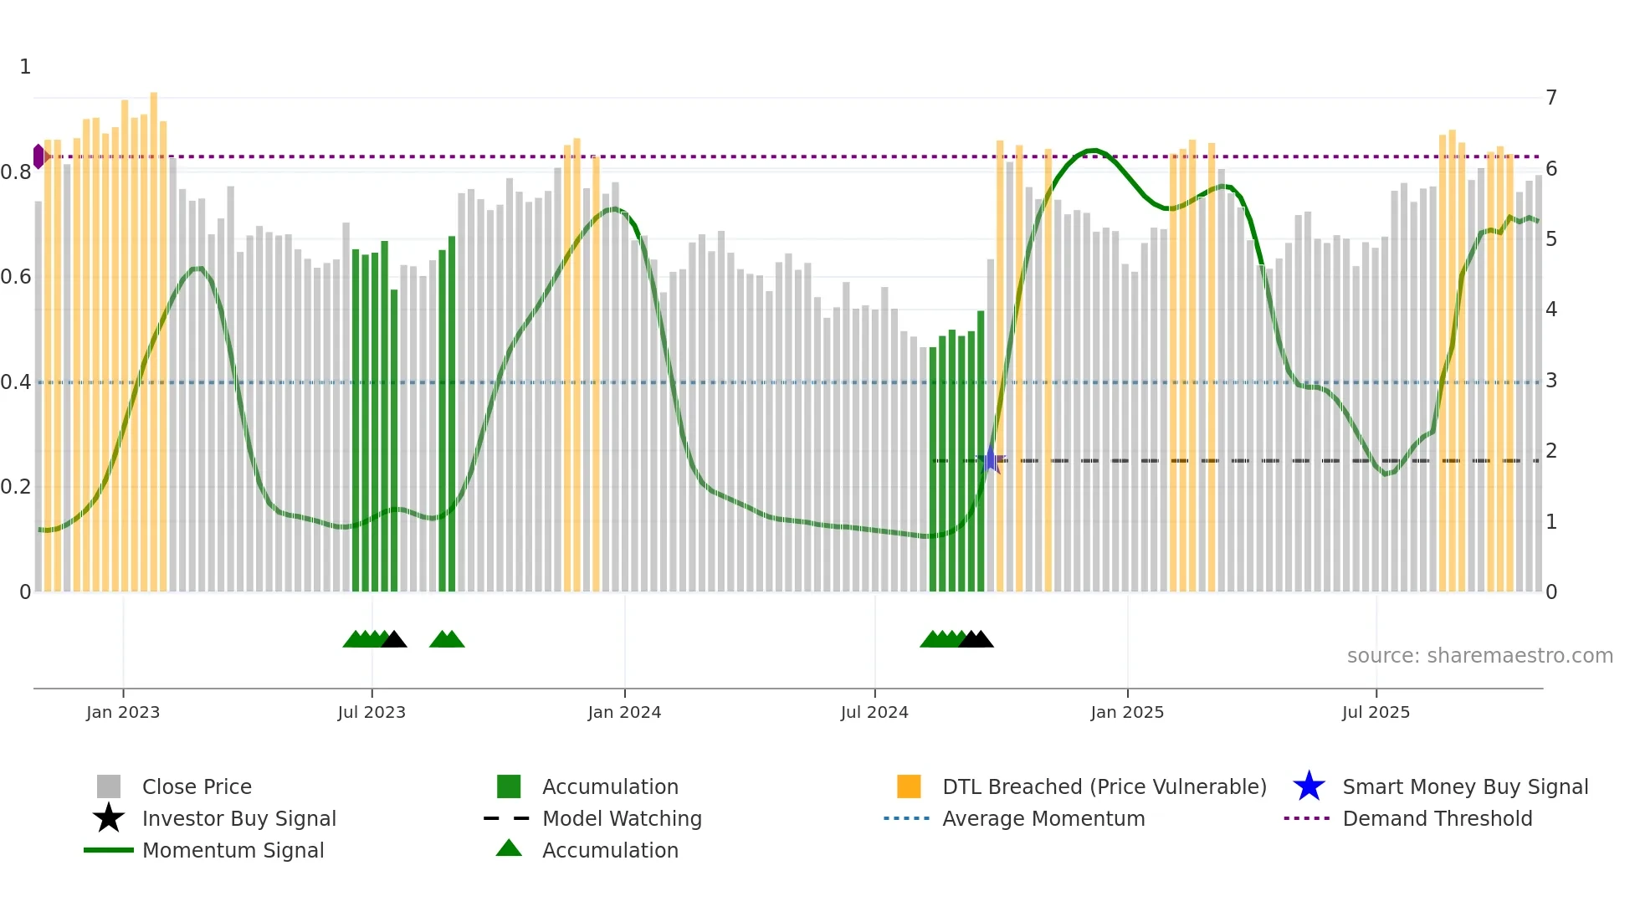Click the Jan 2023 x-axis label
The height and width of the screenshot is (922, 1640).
pos(123,712)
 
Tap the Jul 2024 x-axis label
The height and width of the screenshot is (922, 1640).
pos(874,712)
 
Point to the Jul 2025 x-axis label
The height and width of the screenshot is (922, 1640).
pos(1376,712)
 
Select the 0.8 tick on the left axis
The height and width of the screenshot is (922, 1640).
pos(17,172)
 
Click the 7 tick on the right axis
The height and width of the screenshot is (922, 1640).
pos(1551,98)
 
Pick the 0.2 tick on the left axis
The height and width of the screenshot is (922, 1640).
pos(17,487)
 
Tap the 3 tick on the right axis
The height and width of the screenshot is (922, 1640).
pos(1551,381)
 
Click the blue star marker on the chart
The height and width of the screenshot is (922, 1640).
pos(991,459)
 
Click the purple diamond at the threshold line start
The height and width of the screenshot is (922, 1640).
pos(38,156)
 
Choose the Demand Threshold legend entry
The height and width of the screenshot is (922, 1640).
pos(1437,818)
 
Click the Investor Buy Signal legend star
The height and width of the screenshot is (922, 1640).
pos(109,818)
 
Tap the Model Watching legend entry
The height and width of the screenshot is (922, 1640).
pos(621,818)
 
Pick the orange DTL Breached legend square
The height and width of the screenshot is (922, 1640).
pos(909,786)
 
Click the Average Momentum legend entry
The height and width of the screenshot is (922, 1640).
pos(1043,818)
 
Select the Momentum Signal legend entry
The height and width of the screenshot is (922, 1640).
pos(233,850)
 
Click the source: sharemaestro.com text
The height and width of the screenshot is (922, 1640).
pos(1479,656)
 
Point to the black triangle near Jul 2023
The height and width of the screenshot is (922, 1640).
pos(393,639)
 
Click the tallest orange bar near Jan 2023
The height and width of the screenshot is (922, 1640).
pos(154,335)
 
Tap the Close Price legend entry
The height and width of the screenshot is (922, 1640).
pos(196,786)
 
